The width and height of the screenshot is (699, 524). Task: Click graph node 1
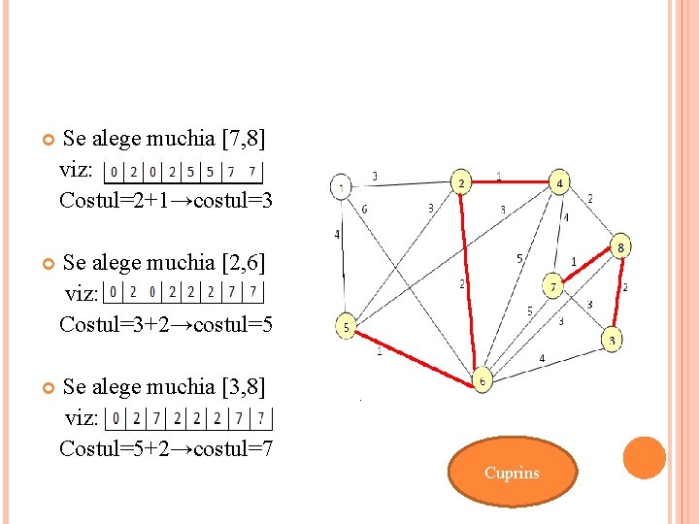point(342,185)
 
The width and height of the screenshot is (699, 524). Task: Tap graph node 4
point(559,182)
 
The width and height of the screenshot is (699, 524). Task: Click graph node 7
point(552,287)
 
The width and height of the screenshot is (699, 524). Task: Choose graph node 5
point(346,327)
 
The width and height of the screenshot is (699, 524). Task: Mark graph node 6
point(483,380)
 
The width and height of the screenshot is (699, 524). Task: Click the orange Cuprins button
point(512,474)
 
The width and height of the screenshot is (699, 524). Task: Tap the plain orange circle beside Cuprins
point(644,458)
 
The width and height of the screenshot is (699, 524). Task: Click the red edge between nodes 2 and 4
point(510,180)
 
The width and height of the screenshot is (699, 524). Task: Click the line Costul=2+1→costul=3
point(166,200)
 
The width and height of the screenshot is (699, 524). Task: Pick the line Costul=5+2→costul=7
point(166,448)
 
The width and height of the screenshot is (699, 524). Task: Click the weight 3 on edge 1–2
point(375,176)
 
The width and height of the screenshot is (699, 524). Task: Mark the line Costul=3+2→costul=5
point(166,324)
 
